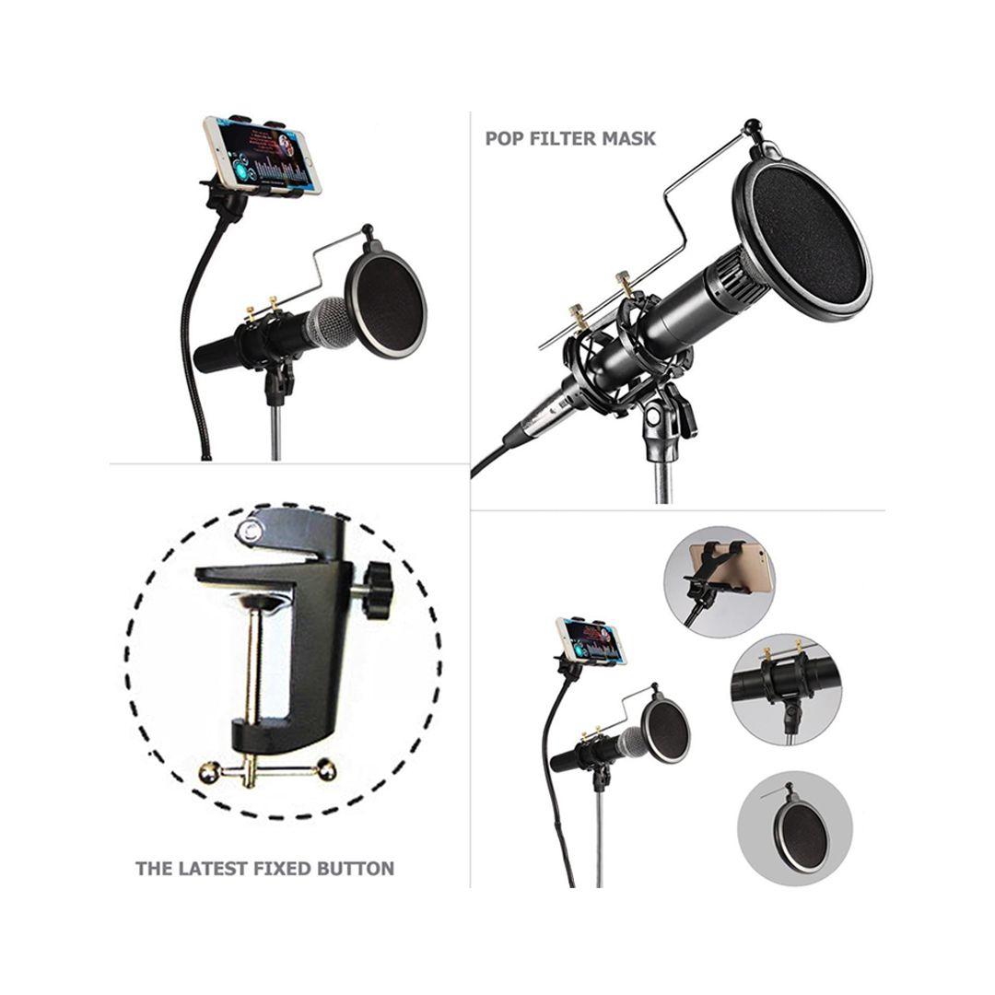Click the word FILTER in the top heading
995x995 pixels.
pos(561,138)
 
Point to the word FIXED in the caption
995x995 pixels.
pos(282,868)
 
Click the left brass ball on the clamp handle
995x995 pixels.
pos(209,772)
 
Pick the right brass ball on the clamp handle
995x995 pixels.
pos(327,770)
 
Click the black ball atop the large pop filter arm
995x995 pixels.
pos(752,125)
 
